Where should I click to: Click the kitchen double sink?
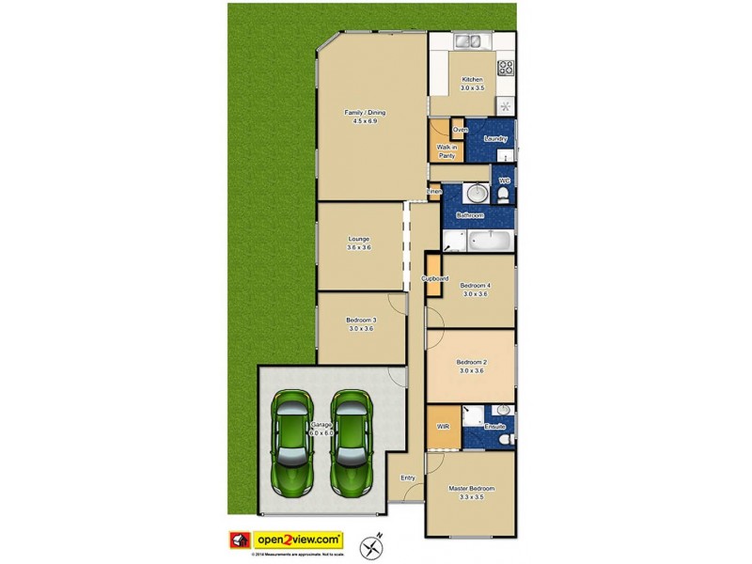point(467,41)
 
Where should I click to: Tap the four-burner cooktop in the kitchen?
point(506,68)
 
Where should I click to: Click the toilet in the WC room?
point(504,194)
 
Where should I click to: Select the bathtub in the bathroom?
point(490,242)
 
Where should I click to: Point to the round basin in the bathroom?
point(476,194)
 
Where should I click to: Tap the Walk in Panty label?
point(446,151)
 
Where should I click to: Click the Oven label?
point(460,129)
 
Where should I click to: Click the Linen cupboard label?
point(434,193)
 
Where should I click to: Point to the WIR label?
point(443,427)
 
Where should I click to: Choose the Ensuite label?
point(494,428)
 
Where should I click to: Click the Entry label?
point(408,478)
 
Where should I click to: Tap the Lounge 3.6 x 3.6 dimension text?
point(359,247)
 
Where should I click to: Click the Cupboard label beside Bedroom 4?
point(434,279)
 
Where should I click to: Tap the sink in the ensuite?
point(503,411)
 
